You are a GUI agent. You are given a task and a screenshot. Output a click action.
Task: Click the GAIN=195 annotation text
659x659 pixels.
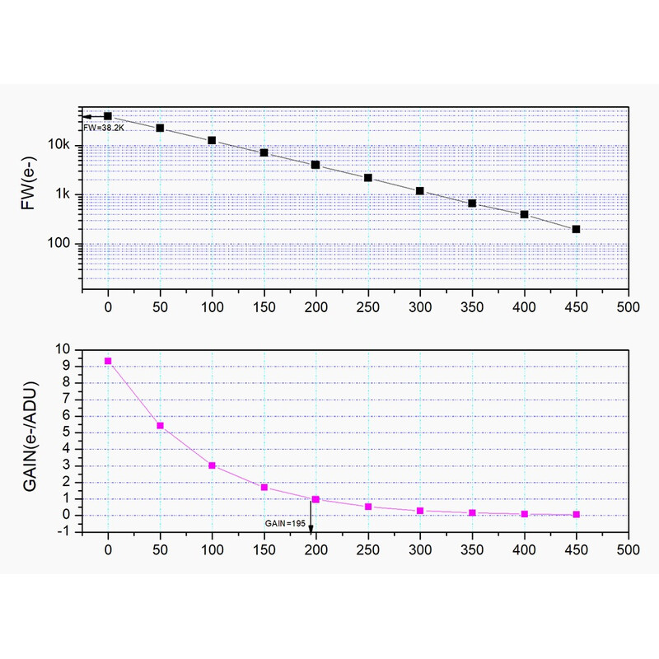point(284,523)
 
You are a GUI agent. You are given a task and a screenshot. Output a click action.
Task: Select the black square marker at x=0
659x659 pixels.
point(108,116)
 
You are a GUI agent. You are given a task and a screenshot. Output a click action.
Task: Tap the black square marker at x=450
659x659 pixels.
point(576,229)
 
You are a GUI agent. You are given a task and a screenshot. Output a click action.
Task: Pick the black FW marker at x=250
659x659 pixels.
point(368,178)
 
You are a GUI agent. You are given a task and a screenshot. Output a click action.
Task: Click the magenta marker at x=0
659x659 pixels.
point(108,361)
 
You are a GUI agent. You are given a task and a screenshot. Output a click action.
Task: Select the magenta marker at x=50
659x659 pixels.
point(160,426)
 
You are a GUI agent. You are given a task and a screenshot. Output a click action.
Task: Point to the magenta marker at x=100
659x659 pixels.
point(213,465)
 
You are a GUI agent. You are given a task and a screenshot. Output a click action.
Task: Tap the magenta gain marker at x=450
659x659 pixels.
point(576,514)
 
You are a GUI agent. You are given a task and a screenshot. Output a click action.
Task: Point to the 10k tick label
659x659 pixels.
point(63,146)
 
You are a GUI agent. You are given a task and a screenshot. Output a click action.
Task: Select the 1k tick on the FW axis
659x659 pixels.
point(65,195)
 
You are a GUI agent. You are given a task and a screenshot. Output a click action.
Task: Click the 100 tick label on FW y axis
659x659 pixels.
point(63,244)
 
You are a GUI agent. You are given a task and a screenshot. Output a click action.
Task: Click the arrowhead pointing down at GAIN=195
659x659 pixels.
point(311,528)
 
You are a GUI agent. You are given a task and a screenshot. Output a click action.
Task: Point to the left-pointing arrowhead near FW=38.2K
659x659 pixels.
point(85,116)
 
